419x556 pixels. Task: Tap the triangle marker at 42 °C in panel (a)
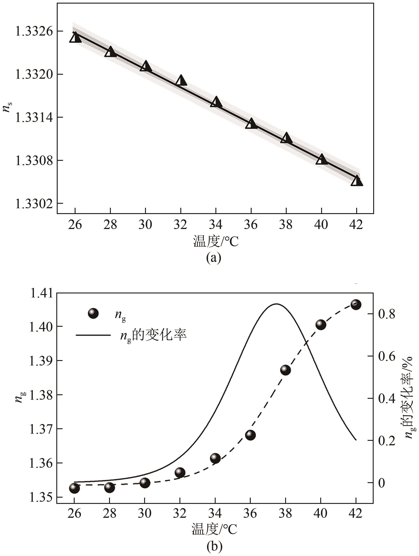point(357,181)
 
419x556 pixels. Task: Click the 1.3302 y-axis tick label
point(34,204)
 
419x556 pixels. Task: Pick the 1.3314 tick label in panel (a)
point(34,117)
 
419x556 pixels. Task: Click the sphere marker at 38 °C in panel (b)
point(285,370)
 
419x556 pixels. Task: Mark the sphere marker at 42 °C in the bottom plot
point(356,305)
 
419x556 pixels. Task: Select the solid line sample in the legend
point(93,335)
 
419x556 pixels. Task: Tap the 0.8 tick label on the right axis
point(387,314)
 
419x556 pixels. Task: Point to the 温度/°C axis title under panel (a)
point(215,242)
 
